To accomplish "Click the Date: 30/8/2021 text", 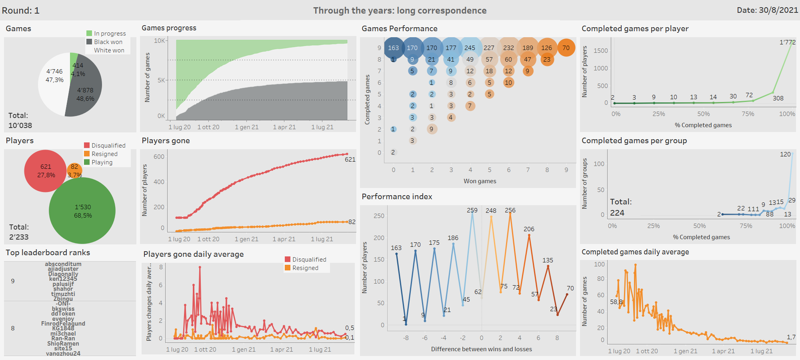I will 767,10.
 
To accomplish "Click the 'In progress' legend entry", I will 110,34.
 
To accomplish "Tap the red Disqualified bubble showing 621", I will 45,171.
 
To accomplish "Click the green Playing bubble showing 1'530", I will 82,211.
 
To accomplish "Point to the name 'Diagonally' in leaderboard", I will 63,274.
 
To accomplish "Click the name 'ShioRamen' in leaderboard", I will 63,344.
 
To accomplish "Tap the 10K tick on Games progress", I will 159,41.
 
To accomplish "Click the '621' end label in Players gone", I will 350,160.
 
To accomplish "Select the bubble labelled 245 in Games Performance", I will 470,48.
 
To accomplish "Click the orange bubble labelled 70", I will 566,48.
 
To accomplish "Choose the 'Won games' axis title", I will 480,181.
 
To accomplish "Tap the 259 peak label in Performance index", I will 472,210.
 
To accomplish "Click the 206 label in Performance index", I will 529,229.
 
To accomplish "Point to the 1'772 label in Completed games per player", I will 787,42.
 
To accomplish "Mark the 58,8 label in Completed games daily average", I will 616,302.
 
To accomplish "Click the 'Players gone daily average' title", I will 193,254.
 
